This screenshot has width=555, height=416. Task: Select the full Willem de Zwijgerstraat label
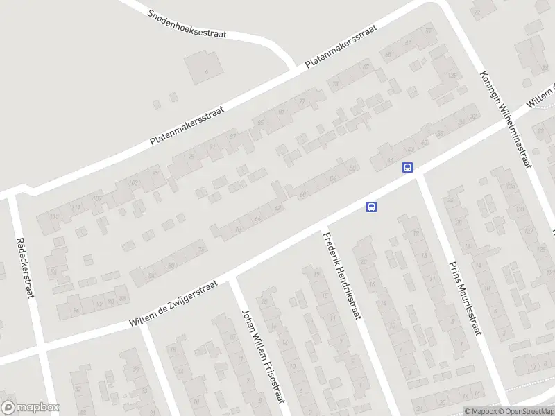[173, 303]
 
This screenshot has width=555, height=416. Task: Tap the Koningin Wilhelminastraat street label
[505, 119]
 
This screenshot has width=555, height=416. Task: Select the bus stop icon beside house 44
[407, 167]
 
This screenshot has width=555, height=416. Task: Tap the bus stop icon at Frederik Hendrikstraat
[372, 207]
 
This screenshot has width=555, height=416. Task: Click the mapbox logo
[31, 408]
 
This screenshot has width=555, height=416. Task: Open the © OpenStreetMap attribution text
[528, 411]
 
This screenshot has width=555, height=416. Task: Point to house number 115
[54, 216]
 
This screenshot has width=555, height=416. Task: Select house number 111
[76, 207]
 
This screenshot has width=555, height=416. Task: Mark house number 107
[98, 198]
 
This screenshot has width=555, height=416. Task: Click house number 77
[302, 101]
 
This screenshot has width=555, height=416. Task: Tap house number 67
[366, 67]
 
